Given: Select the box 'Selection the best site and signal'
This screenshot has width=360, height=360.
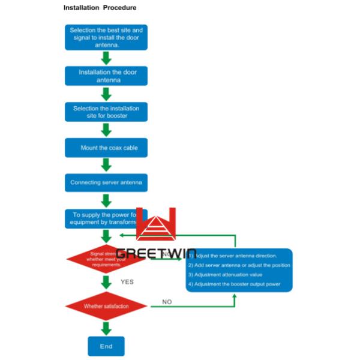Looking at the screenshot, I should (106, 37).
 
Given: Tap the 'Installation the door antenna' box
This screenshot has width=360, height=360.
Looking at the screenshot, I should (106, 76).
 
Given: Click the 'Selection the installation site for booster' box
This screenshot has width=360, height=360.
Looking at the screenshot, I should (106, 112).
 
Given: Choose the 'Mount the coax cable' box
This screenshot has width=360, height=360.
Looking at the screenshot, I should (106, 148).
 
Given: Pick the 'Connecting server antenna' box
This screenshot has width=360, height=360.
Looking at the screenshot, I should (106, 182).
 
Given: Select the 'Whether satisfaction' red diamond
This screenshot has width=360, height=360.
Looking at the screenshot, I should (106, 307).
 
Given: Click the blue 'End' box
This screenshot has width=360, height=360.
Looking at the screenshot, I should (106, 346).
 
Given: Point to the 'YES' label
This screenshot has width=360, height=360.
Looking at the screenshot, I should (127, 281).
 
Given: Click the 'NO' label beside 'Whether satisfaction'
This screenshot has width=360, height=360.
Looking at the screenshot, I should (167, 302).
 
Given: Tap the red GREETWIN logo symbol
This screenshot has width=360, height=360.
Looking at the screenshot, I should (155, 226).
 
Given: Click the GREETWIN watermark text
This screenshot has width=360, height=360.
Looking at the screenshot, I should (155, 254).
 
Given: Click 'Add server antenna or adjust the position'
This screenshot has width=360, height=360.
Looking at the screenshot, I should (239, 265).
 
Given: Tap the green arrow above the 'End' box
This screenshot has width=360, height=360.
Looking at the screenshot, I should (106, 328).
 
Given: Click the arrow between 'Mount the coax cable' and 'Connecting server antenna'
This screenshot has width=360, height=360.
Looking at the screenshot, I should (106, 165).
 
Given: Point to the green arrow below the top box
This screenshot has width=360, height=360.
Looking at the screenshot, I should (106, 58).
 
